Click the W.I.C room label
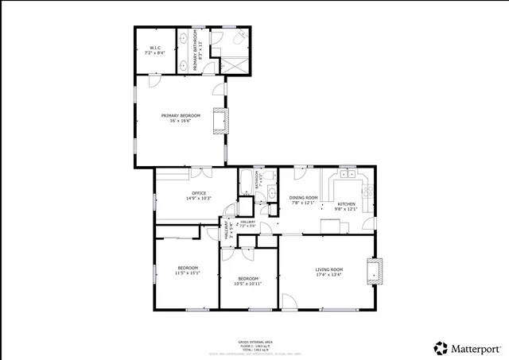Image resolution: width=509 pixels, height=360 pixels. [x=156, y=51]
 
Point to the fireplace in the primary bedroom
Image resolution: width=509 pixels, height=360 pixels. [x=227, y=120]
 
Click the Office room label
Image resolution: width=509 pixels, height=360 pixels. [x=197, y=195]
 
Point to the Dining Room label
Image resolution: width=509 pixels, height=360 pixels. [x=303, y=199]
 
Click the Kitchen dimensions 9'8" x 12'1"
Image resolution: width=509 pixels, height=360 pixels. [x=348, y=209]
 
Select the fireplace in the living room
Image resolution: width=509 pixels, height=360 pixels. [x=376, y=271]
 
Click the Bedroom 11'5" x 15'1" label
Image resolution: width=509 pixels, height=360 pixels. [x=188, y=270]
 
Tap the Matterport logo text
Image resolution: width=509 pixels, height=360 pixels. [x=476, y=347]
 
